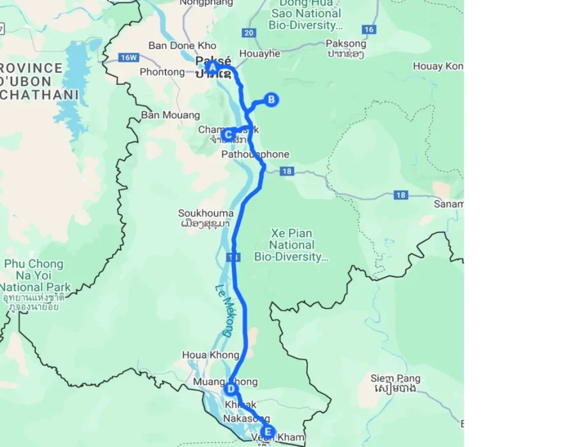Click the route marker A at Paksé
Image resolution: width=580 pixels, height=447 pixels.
point(212,66)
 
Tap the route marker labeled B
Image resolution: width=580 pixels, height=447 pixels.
point(271,100)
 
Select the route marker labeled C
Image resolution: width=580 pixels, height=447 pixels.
point(228,134)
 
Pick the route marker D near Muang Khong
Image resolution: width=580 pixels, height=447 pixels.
point(231,388)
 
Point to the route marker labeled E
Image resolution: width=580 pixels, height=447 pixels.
point(268,431)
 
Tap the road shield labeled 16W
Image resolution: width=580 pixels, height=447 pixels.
point(128,57)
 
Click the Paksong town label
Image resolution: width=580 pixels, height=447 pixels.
point(346,44)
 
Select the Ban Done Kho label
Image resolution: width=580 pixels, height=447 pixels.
point(182,46)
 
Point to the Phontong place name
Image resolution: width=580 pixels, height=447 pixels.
point(162,72)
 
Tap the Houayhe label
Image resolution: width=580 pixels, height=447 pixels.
point(259,54)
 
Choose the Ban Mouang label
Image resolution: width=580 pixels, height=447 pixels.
point(171,116)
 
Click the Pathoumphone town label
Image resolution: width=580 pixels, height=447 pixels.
point(255,155)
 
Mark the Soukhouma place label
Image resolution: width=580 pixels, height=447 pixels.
point(206,213)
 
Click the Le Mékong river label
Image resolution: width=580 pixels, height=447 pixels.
point(223,310)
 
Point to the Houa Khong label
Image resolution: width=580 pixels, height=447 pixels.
point(202,355)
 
